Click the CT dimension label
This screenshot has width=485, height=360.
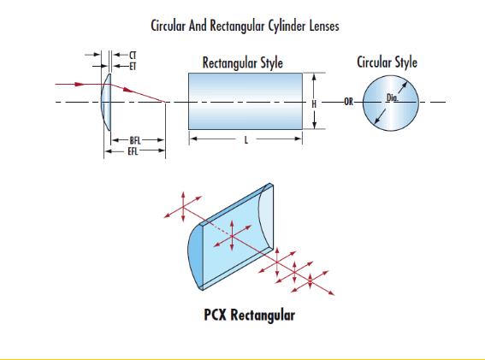click(133, 56)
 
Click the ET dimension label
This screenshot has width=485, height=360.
click(133, 67)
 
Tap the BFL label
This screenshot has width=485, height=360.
click(135, 141)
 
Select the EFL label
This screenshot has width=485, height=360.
click(133, 151)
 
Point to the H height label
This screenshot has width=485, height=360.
click(314, 104)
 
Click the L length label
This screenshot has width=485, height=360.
click(246, 140)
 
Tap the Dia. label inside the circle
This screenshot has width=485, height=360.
click(393, 98)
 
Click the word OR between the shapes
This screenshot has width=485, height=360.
click(349, 102)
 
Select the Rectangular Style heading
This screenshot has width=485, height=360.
click(243, 62)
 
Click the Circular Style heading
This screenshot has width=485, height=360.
click(387, 62)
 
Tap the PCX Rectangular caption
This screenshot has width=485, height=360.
click(249, 316)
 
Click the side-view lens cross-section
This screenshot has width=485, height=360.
click(106, 102)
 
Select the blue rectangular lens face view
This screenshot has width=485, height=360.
click(245, 101)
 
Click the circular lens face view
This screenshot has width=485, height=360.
click(391, 103)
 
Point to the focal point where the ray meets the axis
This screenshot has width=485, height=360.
click(165, 102)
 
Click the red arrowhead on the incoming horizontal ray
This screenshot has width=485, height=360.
click(80, 84)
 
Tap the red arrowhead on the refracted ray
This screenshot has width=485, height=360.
click(128, 90)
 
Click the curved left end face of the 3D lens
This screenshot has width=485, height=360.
click(195, 257)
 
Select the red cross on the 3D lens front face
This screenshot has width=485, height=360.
click(233, 236)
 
